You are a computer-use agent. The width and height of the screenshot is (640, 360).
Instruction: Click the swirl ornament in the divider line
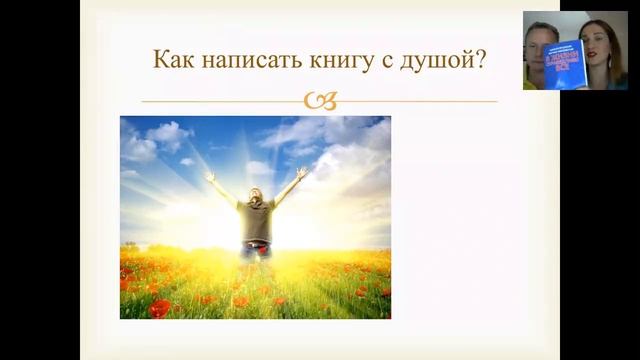point(320,100)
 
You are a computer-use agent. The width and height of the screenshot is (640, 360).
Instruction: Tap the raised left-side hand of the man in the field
point(209,176)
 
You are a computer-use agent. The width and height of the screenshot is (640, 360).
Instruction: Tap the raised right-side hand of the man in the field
point(302,171)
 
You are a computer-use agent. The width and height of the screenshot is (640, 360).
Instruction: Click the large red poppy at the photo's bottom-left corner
point(159,308)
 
